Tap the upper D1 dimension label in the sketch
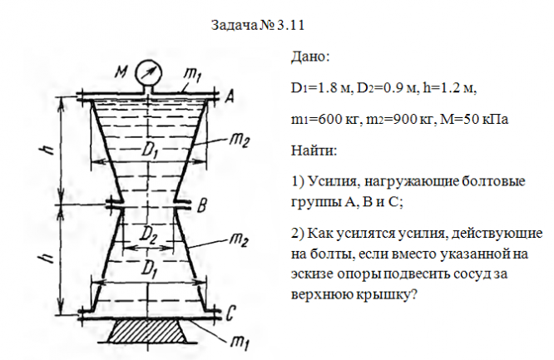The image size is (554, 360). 150,152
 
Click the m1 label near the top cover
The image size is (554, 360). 191,76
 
